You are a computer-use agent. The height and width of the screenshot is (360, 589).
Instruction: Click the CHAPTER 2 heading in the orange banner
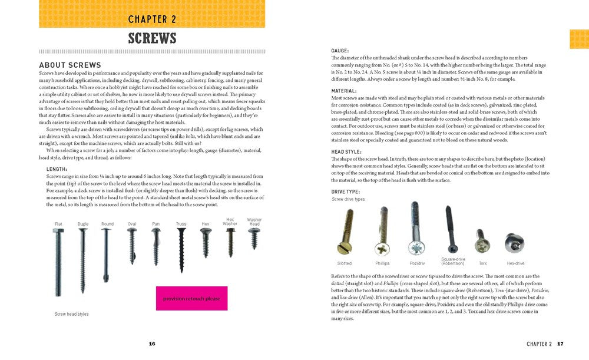(153, 19)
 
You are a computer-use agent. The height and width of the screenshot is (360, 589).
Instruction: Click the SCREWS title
(153, 39)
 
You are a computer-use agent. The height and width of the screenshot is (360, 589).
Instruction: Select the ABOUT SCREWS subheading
(70, 65)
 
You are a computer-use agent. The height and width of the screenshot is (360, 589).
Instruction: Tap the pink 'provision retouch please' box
(191, 299)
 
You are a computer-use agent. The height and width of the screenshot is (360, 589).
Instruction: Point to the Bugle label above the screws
(82, 224)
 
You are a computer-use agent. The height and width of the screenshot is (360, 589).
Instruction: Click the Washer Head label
(254, 222)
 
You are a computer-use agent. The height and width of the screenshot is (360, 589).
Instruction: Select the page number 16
(152, 344)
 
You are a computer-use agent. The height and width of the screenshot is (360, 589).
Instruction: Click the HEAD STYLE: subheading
(346, 152)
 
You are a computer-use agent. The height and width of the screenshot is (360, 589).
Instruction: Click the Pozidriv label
(417, 263)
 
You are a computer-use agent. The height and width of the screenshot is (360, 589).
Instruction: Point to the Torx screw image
(481, 241)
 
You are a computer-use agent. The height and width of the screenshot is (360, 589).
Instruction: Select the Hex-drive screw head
(514, 242)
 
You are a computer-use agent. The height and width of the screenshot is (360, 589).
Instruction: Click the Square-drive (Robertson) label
(452, 260)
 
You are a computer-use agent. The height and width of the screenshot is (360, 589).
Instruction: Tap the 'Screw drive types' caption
(348, 199)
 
